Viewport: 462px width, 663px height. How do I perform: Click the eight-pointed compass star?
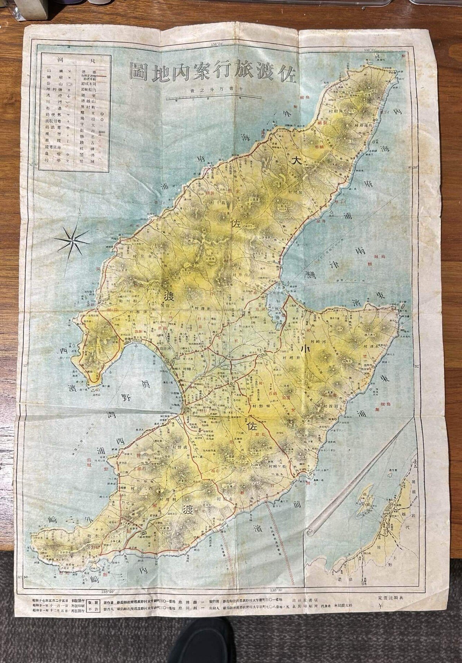pos(73,239)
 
